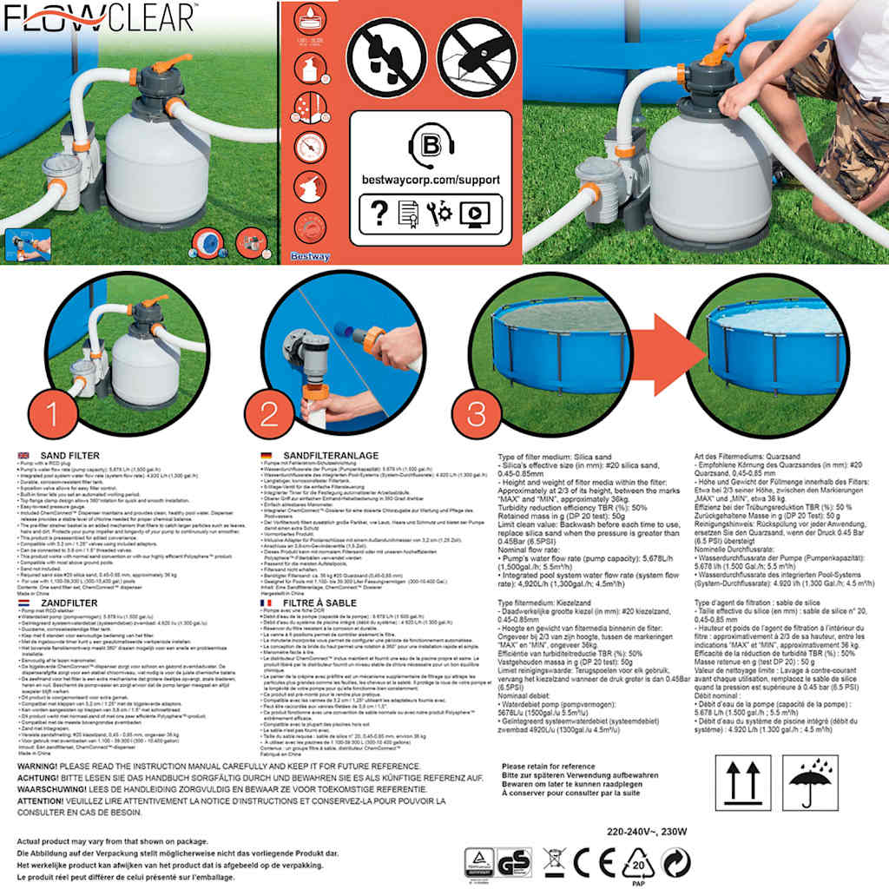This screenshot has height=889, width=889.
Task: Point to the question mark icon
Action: (379, 213)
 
